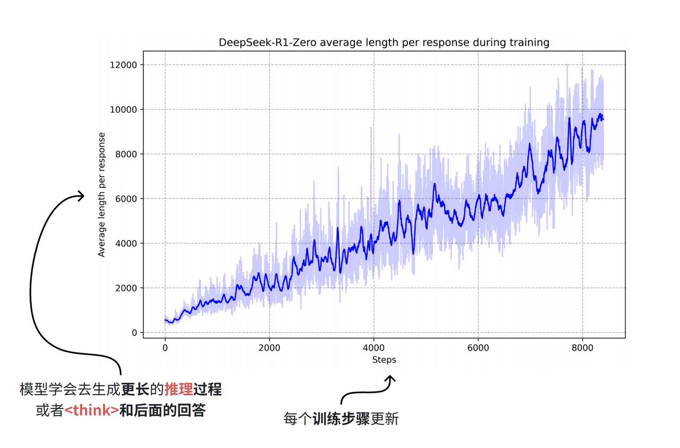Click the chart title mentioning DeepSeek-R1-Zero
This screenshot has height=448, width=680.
point(384,43)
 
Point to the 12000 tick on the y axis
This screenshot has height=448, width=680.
point(123,65)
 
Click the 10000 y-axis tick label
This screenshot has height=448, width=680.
point(123,109)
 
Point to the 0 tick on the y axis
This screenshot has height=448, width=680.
point(134,333)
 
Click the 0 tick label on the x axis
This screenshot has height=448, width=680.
point(165,348)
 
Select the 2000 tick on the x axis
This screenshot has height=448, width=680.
point(269,348)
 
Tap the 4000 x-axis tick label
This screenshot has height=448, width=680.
point(373,348)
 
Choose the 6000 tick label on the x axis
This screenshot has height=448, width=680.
point(478,348)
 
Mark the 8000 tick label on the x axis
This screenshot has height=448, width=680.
point(582,348)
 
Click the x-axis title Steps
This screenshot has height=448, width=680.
point(384,360)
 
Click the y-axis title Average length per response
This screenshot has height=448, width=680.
point(101,195)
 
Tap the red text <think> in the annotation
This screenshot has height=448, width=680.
point(91,410)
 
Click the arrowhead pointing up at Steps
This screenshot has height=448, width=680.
point(390,379)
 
